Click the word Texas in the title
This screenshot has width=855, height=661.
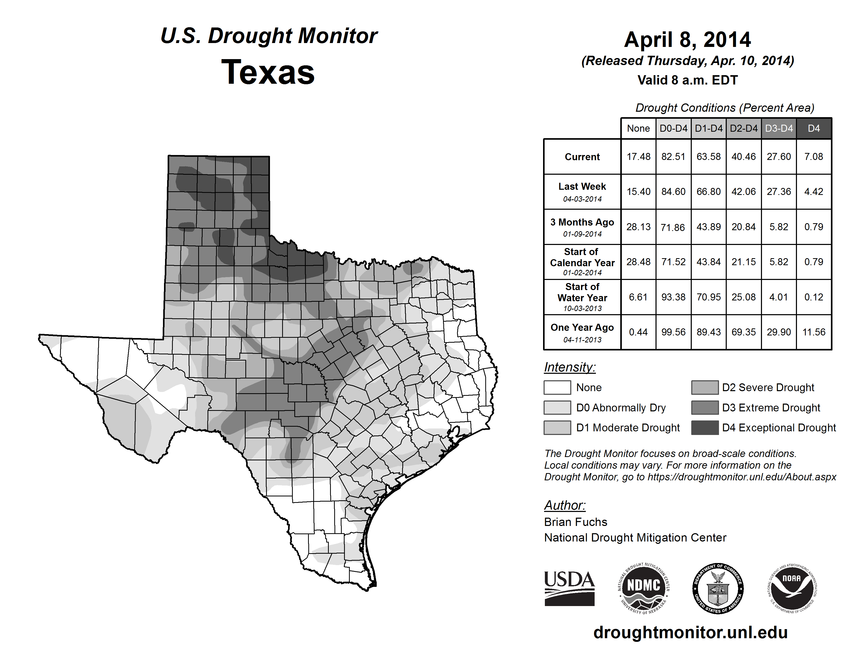tap(268, 72)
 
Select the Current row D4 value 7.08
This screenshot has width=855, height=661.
tap(814, 157)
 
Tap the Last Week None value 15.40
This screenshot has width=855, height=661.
tap(638, 192)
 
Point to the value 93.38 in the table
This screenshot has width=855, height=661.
tap(673, 297)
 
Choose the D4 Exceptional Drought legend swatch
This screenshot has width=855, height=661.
tap(705, 428)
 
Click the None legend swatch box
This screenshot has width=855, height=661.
tap(557, 387)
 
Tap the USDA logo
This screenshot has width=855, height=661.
tap(569, 588)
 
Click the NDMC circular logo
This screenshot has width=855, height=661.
tap(644, 588)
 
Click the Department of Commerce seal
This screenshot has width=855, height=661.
tap(718, 588)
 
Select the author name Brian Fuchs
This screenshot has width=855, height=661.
tap(575, 522)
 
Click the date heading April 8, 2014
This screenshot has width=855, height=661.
tap(687, 40)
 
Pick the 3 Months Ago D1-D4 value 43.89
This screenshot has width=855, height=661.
tap(709, 227)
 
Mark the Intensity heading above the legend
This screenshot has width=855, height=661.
tap(569, 367)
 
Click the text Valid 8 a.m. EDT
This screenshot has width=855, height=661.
tap(687, 80)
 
